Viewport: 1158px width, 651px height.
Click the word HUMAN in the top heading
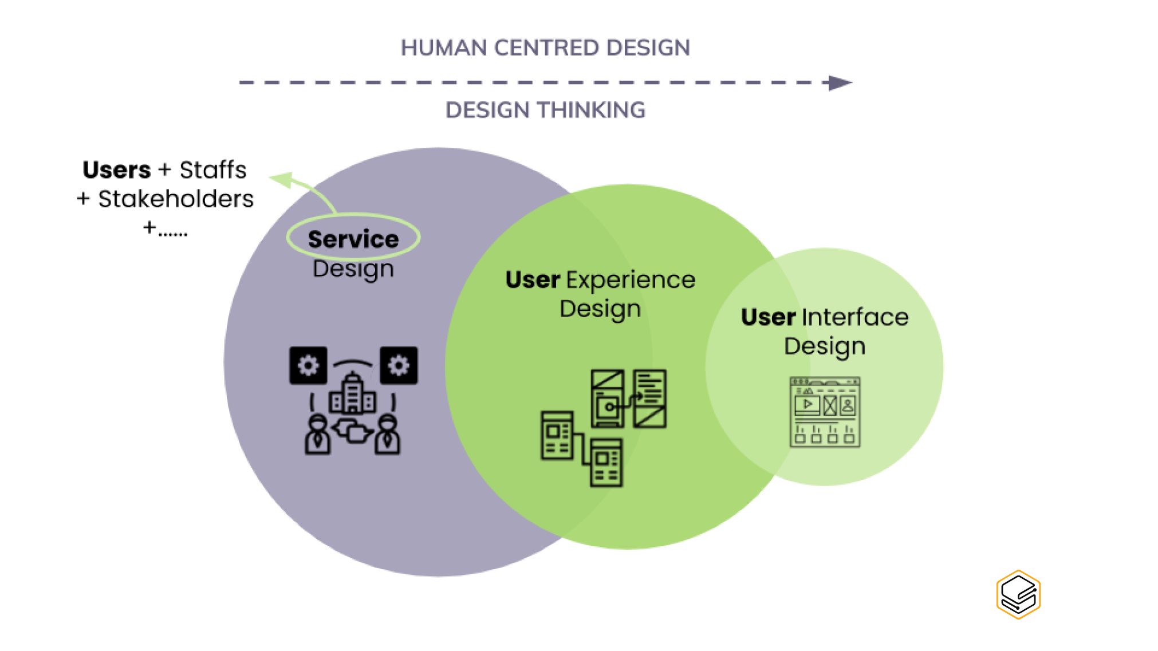(x=443, y=48)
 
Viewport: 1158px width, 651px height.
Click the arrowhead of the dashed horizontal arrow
(x=841, y=83)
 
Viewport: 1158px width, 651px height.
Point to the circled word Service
(x=353, y=239)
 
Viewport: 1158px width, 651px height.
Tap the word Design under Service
(x=353, y=269)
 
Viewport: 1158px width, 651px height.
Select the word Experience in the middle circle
(x=631, y=280)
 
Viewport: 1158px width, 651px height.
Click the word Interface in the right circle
(x=855, y=317)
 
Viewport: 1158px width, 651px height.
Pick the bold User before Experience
(x=532, y=280)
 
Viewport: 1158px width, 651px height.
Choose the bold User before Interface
(x=767, y=317)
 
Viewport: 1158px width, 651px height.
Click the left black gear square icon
(x=308, y=365)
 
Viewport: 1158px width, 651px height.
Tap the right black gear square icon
(x=399, y=365)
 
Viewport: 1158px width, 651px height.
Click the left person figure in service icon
(x=317, y=436)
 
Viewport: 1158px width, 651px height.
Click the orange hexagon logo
(x=1018, y=594)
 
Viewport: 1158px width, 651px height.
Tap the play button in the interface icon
(x=808, y=404)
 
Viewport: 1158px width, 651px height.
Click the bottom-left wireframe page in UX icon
(x=557, y=435)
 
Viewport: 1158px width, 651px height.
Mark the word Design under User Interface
(x=824, y=346)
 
